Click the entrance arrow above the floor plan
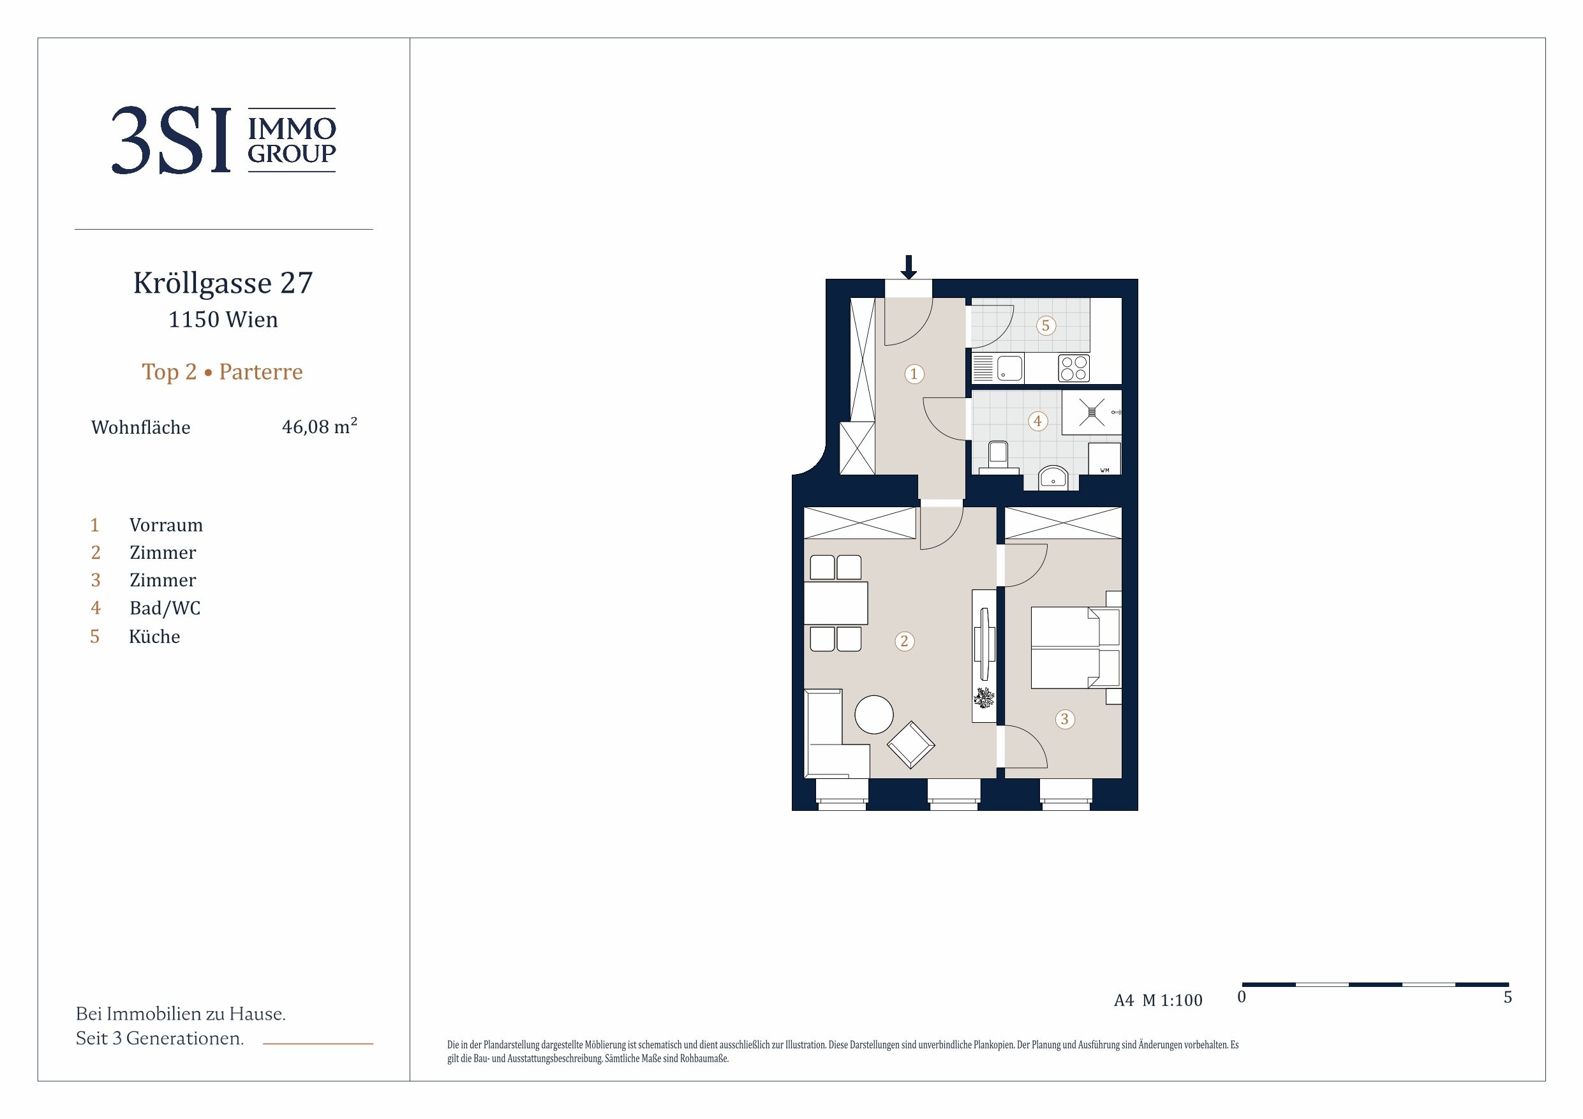tap(909, 267)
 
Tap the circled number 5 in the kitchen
tap(1046, 325)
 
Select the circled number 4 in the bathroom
tap(1037, 420)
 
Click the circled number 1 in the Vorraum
tap(914, 374)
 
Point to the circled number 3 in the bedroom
tap(1064, 719)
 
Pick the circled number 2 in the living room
tap(905, 641)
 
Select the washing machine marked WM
tap(1104, 459)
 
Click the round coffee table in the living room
tap(874, 715)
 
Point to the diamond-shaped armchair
tap(910, 745)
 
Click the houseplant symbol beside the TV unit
tap(984, 699)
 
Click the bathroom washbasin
tap(1053, 477)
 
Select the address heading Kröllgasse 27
tap(223, 283)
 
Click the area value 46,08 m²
tap(319, 426)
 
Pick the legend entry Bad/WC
tap(165, 608)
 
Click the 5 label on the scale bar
tap(1508, 997)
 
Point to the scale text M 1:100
tap(1172, 1000)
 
